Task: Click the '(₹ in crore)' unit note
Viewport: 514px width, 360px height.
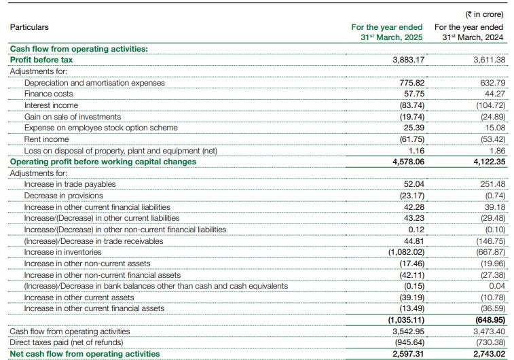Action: [483, 14]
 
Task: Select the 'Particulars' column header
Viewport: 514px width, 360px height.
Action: [29, 27]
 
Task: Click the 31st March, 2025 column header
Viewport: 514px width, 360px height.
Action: [387, 32]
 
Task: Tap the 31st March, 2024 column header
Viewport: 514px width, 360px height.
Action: [469, 32]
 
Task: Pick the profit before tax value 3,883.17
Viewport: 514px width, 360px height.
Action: [408, 60]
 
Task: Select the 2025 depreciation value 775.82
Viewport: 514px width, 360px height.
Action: [411, 83]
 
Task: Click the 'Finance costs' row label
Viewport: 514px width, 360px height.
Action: [48, 94]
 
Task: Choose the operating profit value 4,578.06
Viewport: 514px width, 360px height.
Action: [408, 162]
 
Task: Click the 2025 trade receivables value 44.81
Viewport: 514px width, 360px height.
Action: [414, 240]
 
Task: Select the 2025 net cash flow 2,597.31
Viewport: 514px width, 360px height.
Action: [408, 354]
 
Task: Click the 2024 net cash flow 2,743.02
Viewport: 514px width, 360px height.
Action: [487, 354]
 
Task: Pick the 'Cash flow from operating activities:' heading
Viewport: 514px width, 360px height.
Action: [78, 49]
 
